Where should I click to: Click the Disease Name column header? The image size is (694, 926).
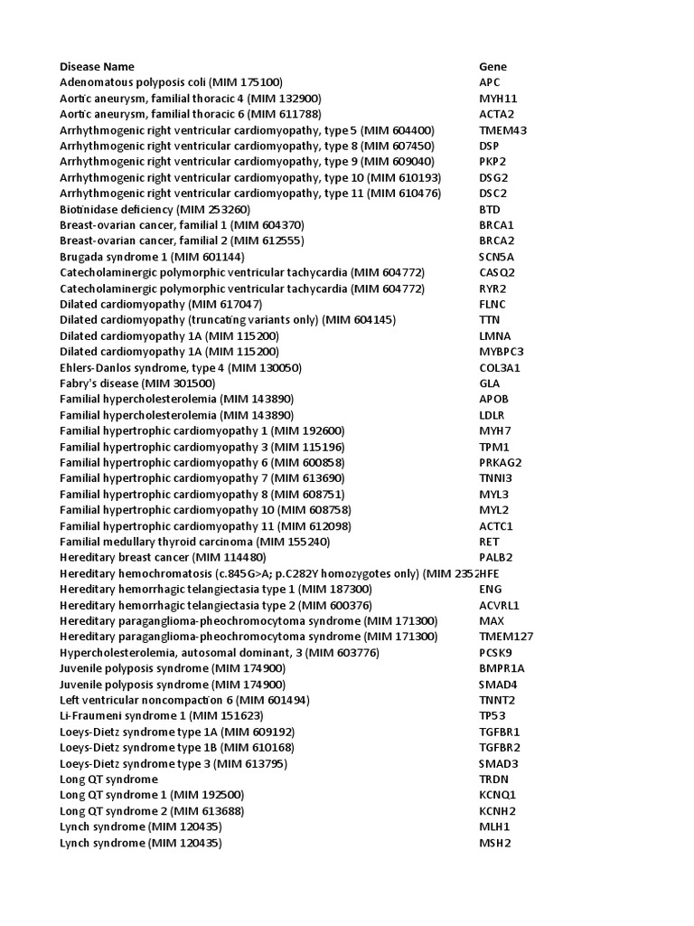(x=97, y=66)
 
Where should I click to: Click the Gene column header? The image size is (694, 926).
(x=492, y=66)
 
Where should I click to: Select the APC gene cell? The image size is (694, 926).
(x=489, y=82)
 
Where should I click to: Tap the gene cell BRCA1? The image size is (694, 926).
(x=496, y=224)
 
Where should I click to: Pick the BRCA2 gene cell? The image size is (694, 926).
(x=496, y=241)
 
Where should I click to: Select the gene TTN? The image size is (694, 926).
(x=489, y=320)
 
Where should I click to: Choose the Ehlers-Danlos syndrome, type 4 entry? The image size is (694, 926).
(x=181, y=368)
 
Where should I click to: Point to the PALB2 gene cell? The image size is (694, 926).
(x=495, y=557)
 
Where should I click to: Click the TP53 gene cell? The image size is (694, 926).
(x=492, y=715)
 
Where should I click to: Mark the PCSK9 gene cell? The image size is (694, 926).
(x=495, y=652)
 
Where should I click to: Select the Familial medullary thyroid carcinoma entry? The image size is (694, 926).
(x=194, y=542)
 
